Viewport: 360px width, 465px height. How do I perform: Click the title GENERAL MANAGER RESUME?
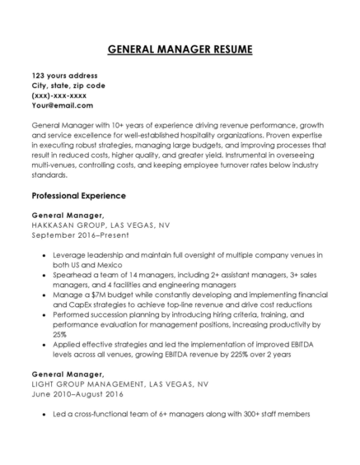tap(180, 49)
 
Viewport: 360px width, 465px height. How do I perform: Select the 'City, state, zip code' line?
tap(68, 86)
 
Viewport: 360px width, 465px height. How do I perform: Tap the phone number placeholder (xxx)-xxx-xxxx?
tap(59, 95)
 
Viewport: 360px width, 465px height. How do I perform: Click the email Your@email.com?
tap(62, 105)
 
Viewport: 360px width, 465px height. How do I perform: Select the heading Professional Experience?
tap(78, 196)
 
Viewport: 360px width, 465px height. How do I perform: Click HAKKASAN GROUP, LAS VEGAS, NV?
tap(101, 223)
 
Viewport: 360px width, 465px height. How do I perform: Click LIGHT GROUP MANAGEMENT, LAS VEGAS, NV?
tap(120, 384)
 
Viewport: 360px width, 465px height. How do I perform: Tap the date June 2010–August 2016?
tap(77, 394)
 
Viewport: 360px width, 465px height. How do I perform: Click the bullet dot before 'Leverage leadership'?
tap(43, 256)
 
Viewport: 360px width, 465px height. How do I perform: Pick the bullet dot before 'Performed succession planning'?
tap(43, 315)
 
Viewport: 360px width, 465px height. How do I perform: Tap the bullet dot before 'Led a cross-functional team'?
tap(43, 415)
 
